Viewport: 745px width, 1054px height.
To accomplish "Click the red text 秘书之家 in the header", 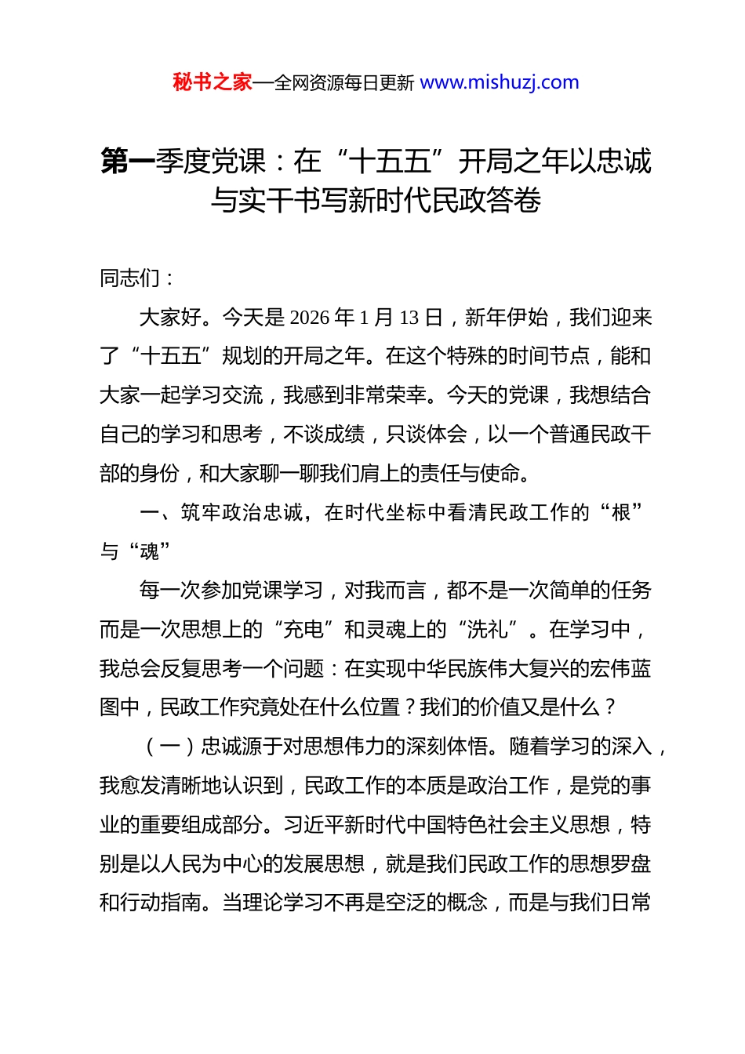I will coord(213,82).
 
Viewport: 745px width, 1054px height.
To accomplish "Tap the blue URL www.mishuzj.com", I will coord(500,82).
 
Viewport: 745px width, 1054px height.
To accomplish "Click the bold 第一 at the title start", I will coord(128,162).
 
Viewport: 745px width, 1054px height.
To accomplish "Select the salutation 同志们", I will coord(130,278).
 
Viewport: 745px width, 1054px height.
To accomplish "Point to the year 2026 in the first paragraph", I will coord(310,318).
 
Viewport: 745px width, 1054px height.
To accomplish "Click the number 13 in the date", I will coord(409,318).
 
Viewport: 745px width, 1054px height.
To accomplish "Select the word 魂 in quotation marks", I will coord(150,552).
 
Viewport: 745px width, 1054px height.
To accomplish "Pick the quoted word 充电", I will coord(303,630).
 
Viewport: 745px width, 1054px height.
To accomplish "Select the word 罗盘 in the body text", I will coord(631,864).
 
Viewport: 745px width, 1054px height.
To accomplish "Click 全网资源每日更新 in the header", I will coord(344,83).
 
